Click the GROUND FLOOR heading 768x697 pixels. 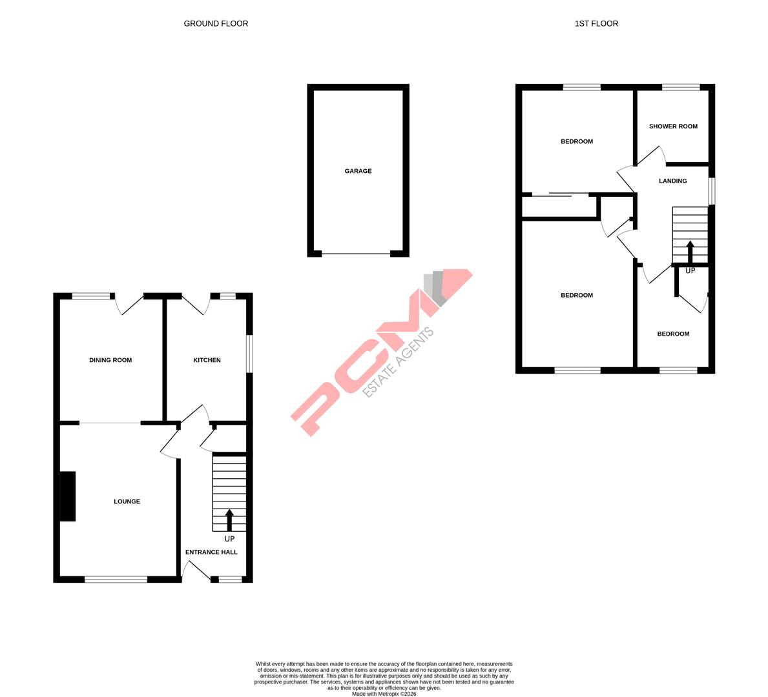tap(216, 24)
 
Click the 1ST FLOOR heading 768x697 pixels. tap(596, 24)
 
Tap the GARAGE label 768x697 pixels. tap(358, 171)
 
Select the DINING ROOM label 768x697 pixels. tap(110, 360)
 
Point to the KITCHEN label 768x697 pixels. tap(207, 360)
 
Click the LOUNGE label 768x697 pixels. tap(127, 501)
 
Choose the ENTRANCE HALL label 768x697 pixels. tap(211, 552)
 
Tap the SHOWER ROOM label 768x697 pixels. tap(673, 126)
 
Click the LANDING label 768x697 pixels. tap(672, 181)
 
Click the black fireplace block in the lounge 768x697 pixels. tap(68, 496)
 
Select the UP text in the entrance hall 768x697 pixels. tap(229, 539)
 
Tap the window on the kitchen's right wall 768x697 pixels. tap(249, 353)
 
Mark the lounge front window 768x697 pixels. tap(116, 580)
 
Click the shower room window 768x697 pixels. tap(681, 87)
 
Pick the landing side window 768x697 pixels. tap(712, 191)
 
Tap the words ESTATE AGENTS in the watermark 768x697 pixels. tap(399, 363)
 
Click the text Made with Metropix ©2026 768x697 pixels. tap(384, 694)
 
